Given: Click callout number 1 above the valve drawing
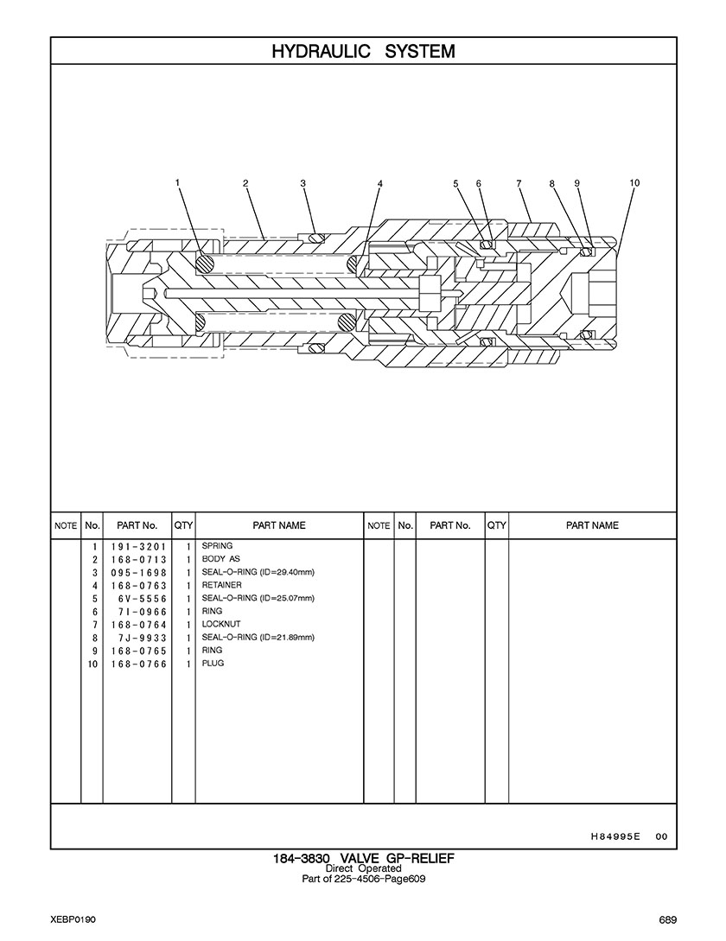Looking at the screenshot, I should coord(177,182).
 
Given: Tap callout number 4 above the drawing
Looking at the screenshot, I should coord(379,183).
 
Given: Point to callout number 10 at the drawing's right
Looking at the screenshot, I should coord(634,182).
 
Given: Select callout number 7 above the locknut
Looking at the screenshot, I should coord(519,183).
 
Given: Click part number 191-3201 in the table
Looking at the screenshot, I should coord(137,547).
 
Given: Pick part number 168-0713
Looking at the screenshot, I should coord(137,560).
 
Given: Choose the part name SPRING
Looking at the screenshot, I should coord(217,546).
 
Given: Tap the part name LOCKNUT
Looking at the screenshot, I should coord(221,624).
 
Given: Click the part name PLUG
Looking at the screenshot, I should coord(213,664).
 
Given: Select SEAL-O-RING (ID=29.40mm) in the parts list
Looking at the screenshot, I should coord(258,572).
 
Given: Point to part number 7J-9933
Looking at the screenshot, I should coord(137,638).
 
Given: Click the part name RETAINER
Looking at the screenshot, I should coord(222,585).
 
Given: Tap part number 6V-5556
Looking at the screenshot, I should coord(137,599).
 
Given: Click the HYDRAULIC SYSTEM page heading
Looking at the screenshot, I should coord(363,51).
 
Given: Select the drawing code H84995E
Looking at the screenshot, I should coord(615,836).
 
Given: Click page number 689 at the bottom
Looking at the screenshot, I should coord(666,919).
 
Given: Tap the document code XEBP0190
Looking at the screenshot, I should coord(73,919).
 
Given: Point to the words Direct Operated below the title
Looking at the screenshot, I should coord(363,868).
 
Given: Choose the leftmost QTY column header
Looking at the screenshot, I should coord(183,525).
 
